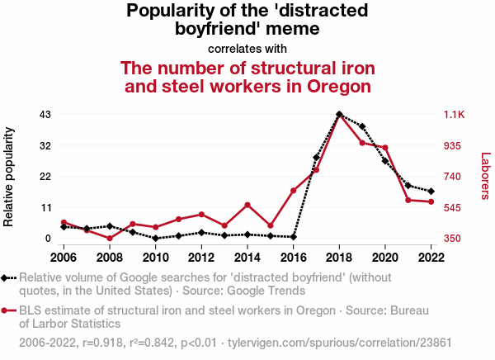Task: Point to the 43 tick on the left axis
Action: [x=45, y=114]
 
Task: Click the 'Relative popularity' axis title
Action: [x=9, y=177]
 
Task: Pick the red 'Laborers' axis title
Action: [x=485, y=176]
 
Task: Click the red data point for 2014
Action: [x=247, y=205]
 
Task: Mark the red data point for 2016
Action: [x=294, y=191]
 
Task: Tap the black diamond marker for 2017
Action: [x=316, y=158]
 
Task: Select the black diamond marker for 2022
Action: [x=431, y=192]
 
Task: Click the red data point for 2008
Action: [x=110, y=238]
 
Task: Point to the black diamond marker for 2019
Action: [x=362, y=126]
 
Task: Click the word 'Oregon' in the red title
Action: [x=329, y=86]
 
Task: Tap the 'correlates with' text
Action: [x=247, y=48]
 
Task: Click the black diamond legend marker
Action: [x=7, y=278]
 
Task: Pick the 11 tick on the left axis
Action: [x=45, y=207]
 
